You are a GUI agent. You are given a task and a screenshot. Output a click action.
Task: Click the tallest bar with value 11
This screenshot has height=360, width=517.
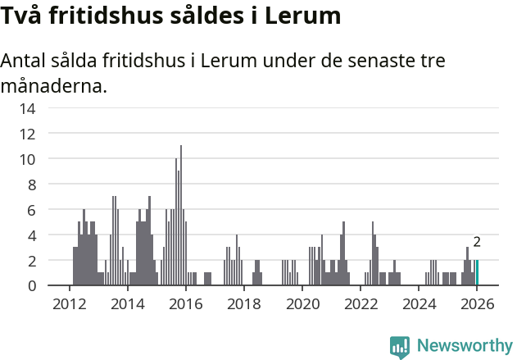click(x=181, y=216)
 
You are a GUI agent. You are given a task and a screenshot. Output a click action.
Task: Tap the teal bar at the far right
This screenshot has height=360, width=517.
click(x=477, y=273)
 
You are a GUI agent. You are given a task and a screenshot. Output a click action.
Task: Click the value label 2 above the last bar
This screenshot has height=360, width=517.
click(x=477, y=242)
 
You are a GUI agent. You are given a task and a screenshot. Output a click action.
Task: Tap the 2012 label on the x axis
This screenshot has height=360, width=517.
click(x=70, y=304)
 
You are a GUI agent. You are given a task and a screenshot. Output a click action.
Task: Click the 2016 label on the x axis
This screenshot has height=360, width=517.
click(x=186, y=304)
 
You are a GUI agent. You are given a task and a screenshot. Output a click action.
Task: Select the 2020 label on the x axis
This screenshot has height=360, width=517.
click(x=302, y=304)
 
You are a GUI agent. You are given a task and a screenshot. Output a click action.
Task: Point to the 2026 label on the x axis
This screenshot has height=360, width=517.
click(x=477, y=304)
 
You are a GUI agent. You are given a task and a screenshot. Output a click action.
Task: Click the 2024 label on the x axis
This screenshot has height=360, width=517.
click(x=419, y=304)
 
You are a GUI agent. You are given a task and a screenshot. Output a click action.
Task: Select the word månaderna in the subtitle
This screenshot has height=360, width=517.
click(x=54, y=85)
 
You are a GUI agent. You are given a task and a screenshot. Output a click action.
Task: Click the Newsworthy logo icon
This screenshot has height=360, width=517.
click(x=400, y=347)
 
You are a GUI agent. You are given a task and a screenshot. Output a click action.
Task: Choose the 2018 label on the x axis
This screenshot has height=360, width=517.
click(x=244, y=304)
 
